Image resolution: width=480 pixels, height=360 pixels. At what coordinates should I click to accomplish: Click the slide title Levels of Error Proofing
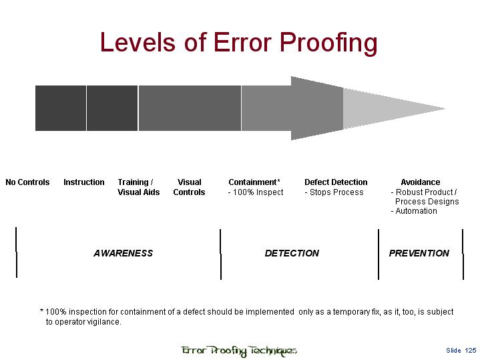point(238,43)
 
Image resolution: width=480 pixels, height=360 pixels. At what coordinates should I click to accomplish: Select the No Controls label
point(27,182)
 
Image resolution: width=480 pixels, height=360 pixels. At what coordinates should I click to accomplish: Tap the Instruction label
point(84,182)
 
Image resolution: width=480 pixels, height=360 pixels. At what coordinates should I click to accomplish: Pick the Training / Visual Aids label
point(138,187)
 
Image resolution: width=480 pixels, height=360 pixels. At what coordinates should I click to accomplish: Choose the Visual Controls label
point(190,187)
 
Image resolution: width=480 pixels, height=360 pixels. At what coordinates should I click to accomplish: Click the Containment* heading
point(254,182)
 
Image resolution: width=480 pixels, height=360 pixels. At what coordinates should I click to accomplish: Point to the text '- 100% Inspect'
point(256,192)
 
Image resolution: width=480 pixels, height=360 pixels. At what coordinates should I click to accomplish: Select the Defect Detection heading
point(336,182)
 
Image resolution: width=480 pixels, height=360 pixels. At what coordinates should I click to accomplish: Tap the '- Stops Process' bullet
point(334,192)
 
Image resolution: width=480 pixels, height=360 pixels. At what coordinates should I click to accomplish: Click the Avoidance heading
point(420,182)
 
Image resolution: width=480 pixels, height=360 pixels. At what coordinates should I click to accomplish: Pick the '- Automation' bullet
point(414,211)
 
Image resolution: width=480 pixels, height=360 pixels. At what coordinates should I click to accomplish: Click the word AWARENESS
point(123,253)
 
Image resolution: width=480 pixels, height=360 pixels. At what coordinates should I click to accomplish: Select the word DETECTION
point(292,253)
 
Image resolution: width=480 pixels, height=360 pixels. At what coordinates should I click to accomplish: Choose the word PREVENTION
point(419,253)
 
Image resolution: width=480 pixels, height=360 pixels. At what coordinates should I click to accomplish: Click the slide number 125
point(470,351)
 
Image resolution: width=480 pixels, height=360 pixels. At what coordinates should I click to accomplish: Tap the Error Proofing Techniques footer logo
point(239,351)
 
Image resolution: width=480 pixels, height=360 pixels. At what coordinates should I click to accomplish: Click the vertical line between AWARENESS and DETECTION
point(220,254)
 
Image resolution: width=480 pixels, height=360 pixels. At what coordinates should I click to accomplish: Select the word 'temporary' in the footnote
point(349,312)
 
